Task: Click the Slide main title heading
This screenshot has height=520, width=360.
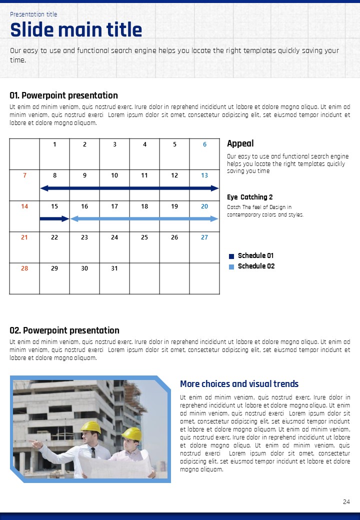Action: [x=76, y=30]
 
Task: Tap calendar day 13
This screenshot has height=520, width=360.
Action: [x=204, y=175]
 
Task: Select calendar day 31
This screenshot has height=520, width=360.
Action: [x=114, y=268]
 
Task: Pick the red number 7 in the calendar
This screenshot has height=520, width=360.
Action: [x=24, y=175]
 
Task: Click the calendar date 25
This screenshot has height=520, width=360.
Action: [x=144, y=237]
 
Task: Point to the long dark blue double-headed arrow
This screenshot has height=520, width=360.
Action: [x=129, y=188]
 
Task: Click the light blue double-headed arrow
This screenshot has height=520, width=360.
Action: [x=144, y=218]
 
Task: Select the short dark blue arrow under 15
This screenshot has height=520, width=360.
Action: [x=54, y=218]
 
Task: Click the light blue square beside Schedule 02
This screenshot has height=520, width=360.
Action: [x=231, y=267]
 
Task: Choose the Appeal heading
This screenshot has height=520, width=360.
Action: [x=240, y=143]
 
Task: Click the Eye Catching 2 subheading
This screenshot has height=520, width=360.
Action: [x=250, y=197]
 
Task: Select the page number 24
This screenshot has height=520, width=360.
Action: [x=346, y=502]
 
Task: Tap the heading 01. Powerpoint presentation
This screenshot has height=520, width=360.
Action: [x=63, y=95]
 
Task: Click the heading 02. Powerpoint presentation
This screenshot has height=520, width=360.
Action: [x=64, y=330]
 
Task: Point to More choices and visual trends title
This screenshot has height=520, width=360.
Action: [x=239, y=384]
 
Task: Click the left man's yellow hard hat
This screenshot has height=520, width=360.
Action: [x=91, y=426]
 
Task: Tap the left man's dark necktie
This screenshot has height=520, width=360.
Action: [x=93, y=453]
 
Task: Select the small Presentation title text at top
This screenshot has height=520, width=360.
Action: [x=33, y=14]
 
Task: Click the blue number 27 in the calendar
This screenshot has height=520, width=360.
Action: [x=204, y=237]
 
